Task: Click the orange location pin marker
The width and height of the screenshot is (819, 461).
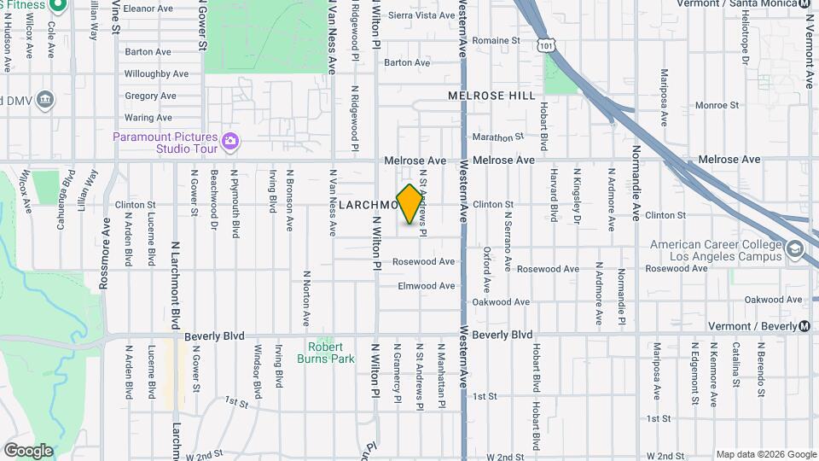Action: pos(410,204)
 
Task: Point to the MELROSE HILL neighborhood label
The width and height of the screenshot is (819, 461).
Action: pos(492,96)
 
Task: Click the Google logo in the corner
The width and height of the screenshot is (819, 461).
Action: pos(28,450)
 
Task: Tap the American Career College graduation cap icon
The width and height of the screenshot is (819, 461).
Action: pos(795,249)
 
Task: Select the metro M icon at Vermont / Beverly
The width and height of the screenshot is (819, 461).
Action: pos(804,327)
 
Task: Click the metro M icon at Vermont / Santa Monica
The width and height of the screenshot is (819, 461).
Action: pos(807,3)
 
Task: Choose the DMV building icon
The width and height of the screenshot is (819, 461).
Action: pos(45,100)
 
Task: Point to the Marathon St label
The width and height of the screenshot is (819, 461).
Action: pos(498,137)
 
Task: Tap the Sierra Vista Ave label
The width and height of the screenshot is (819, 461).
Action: pos(421,15)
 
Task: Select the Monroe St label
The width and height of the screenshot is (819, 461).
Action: pos(717,105)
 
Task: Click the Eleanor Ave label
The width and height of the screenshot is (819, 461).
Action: pos(148,9)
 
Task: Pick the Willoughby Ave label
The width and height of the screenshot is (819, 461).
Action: pos(156,74)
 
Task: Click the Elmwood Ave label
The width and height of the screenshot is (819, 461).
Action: pos(427,286)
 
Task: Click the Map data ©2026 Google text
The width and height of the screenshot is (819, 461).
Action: pos(765,454)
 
